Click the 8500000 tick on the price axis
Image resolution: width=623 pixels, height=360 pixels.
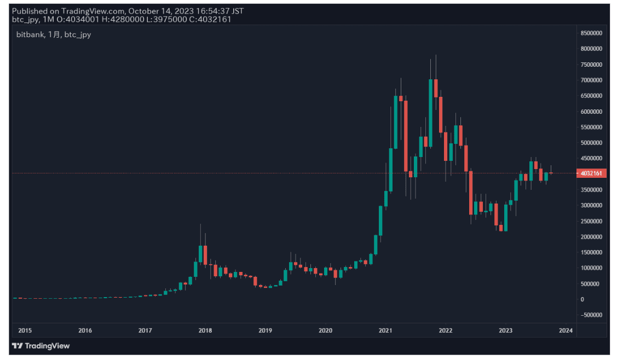(591, 33)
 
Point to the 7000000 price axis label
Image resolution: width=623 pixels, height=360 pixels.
(591, 80)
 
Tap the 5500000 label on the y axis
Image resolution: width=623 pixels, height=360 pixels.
(591, 127)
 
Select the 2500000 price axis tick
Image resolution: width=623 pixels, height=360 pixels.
(591, 221)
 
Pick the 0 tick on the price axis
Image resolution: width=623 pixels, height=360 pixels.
(582, 299)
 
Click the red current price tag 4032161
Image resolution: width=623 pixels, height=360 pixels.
(591, 173)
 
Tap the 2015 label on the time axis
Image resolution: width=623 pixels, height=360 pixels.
(25, 330)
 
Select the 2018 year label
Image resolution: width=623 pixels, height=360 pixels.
(205, 330)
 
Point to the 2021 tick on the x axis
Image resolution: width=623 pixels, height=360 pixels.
(385, 330)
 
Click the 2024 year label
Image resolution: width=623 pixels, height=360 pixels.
(566, 330)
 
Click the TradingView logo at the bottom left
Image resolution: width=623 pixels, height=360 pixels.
(41, 346)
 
